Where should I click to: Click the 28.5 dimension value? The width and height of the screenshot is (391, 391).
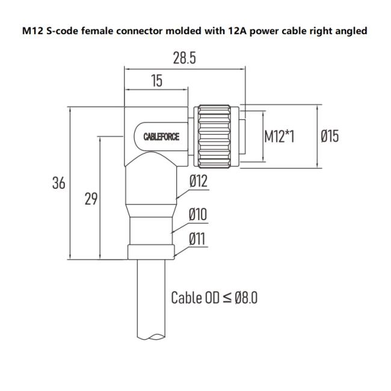click(x=184, y=58)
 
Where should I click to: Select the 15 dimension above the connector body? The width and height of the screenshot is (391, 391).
click(x=156, y=81)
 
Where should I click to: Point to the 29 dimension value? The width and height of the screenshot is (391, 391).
click(x=91, y=199)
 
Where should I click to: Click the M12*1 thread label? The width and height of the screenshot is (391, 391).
click(x=279, y=137)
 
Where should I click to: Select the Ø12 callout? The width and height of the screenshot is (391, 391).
click(x=198, y=180)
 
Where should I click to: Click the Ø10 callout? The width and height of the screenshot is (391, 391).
click(x=198, y=214)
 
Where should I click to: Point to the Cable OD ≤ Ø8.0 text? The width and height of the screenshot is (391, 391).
click(x=214, y=297)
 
